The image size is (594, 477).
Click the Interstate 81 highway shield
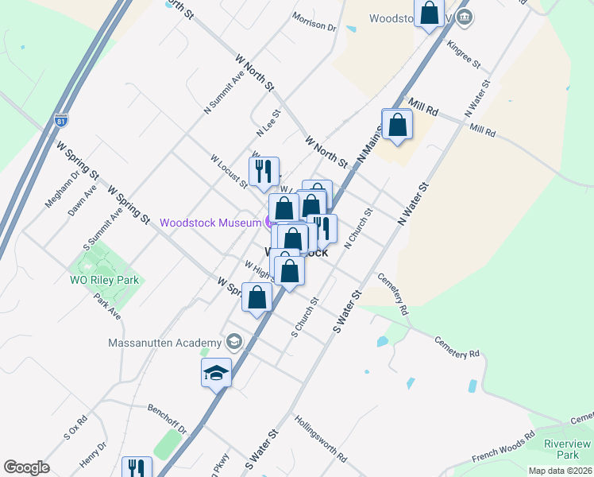point(61,122)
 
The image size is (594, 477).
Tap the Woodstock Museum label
point(210,223)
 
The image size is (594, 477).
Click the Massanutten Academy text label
point(166,343)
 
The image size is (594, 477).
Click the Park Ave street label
point(106,306)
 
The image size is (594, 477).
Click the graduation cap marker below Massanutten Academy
point(216,372)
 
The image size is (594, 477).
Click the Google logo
point(26,467)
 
